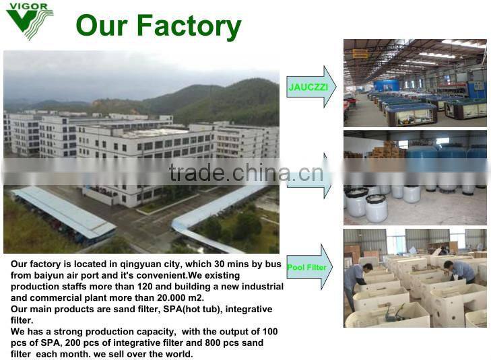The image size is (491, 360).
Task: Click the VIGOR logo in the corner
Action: (29, 20)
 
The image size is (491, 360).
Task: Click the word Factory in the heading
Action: (188, 26)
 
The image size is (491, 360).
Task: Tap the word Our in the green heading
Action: (102, 26)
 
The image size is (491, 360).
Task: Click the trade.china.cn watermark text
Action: (246, 174)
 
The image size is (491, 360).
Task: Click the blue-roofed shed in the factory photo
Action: (64, 212)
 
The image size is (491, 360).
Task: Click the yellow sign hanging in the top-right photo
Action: (361, 53)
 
